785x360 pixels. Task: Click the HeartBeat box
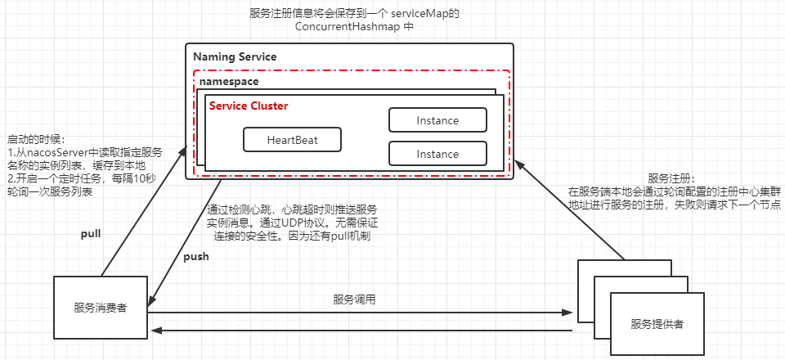[x=292, y=140]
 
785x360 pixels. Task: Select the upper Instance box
[x=437, y=120]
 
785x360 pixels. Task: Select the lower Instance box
[x=437, y=154]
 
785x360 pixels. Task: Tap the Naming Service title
[x=235, y=57]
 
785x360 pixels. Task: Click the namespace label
[x=230, y=83]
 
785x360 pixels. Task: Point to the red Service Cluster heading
[x=249, y=106]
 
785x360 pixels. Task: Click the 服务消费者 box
[x=100, y=308]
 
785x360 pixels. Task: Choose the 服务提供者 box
[x=657, y=324]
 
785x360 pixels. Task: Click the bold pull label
[x=91, y=234]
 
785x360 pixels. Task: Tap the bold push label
[x=195, y=256]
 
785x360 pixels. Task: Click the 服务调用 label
[x=354, y=299]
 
